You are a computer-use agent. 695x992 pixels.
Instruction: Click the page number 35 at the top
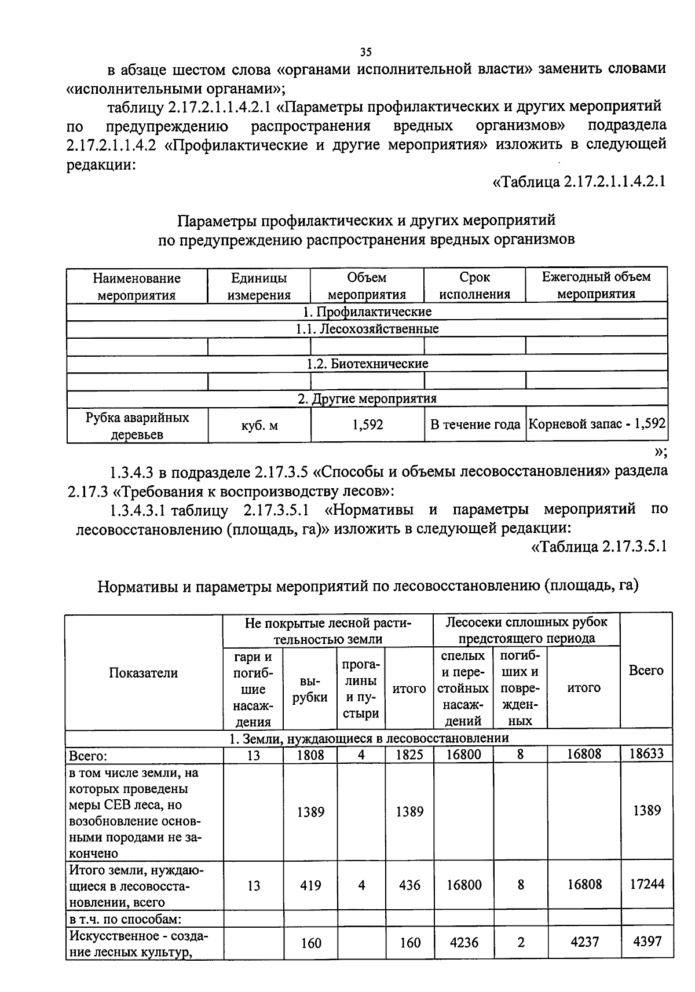(365, 52)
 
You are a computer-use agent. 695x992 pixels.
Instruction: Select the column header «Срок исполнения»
(475, 286)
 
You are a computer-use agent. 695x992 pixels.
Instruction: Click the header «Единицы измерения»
(258, 286)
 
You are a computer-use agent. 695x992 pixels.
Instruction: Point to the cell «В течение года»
(475, 425)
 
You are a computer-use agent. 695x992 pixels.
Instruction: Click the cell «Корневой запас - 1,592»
(597, 424)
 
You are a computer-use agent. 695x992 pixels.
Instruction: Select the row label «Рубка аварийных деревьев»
(137, 426)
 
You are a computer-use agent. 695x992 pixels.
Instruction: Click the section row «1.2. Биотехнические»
(367, 364)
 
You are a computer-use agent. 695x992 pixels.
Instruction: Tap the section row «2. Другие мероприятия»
(367, 398)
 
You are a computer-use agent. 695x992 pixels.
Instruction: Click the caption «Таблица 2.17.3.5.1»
(599, 546)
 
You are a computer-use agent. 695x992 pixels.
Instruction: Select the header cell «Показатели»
(143, 672)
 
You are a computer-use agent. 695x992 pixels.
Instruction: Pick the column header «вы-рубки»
(310, 689)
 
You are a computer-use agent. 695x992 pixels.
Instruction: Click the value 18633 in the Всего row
(647, 754)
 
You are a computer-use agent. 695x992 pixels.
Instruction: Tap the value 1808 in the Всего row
(310, 755)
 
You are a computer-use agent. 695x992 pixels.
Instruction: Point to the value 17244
(647, 884)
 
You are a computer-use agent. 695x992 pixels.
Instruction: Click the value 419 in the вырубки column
(310, 885)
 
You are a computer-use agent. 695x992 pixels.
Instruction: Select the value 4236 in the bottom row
(464, 942)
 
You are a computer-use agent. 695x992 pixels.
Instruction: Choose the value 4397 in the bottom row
(647, 941)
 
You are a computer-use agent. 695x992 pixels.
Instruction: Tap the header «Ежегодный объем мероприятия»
(597, 285)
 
